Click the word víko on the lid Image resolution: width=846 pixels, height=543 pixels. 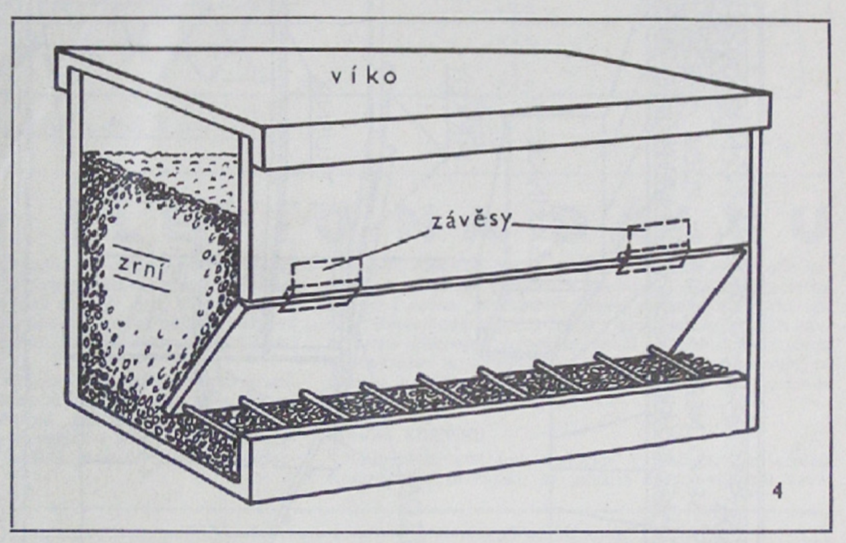[364, 76]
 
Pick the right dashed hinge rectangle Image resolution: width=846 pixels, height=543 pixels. [658, 238]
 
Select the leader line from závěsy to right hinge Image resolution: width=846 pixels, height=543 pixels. [570, 228]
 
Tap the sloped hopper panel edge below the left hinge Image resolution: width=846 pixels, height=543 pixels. [201, 355]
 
